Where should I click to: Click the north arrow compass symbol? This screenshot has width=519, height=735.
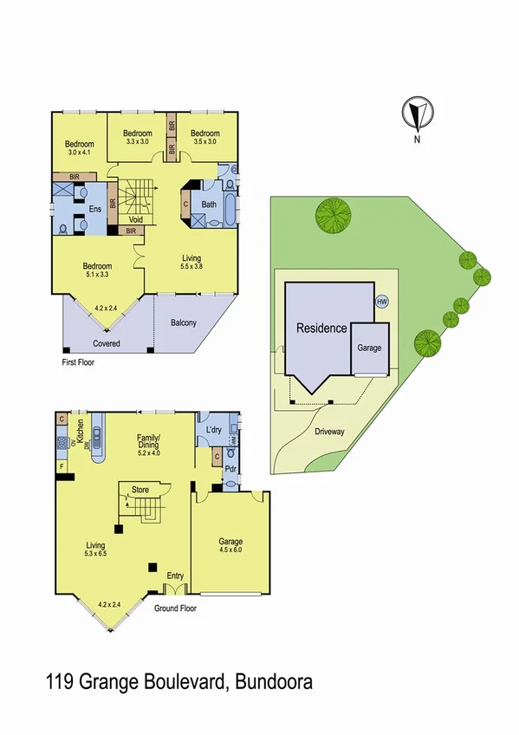417,114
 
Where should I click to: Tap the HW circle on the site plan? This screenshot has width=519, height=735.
382,302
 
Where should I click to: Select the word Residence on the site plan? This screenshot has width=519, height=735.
321,328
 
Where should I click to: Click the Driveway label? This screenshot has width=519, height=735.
329,431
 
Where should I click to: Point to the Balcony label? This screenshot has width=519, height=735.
183,323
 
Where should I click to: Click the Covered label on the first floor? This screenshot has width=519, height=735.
107,343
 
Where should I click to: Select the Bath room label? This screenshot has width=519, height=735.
209,205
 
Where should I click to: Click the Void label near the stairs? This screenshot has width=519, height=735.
135,219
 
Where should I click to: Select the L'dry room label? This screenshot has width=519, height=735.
214,431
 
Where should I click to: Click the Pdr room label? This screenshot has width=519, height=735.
230,468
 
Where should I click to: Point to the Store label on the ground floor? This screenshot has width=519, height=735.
140,490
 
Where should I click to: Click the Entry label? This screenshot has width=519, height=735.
175,576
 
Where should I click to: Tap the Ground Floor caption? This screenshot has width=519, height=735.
176,608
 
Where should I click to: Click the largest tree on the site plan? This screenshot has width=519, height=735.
332,217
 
